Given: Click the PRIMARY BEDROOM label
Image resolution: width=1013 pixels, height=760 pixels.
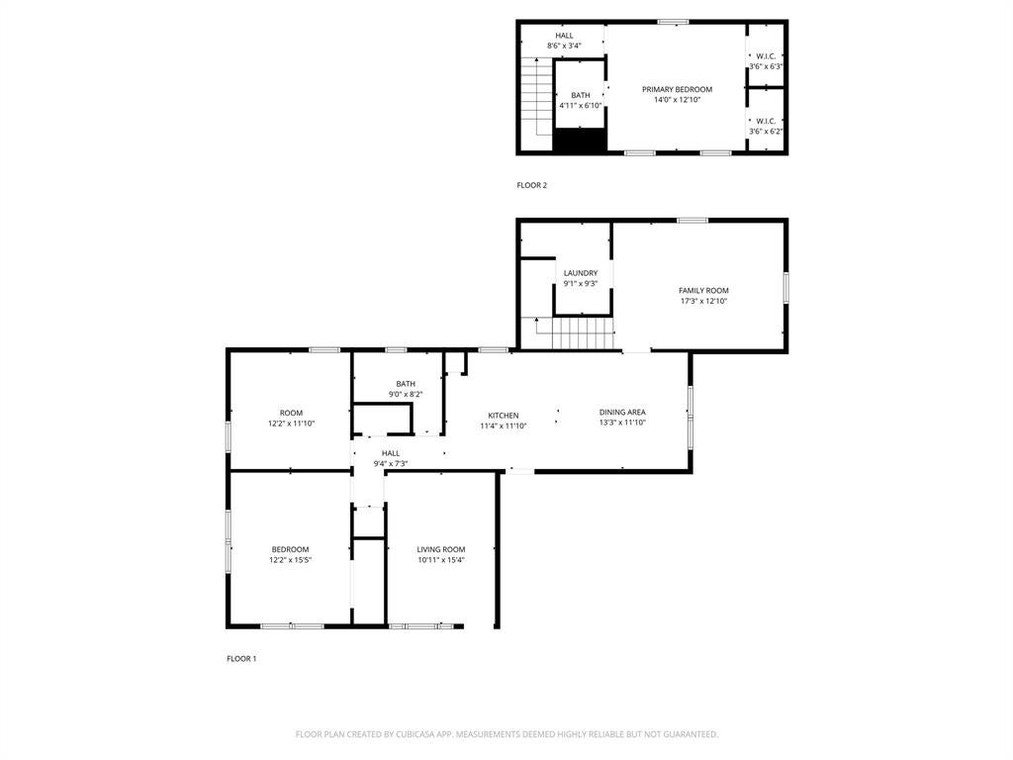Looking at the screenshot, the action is tap(677, 89).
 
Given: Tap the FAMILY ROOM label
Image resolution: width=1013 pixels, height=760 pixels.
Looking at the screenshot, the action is tap(703, 291).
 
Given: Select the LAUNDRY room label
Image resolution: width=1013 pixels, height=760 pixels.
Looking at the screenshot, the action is tap(580, 273).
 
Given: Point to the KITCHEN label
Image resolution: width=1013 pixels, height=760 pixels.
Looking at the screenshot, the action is tap(504, 416).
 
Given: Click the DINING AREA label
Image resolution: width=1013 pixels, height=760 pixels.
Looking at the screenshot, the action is tap(622, 413).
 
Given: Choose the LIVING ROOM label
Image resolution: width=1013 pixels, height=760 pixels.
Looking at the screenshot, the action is tap(441, 550).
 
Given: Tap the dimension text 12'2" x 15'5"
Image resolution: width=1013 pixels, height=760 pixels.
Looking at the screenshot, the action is tap(290, 560).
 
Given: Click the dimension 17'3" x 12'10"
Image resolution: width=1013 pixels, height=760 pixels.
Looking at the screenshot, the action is tap(703, 301).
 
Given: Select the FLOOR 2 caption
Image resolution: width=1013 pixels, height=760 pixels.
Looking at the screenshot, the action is tap(531, 185).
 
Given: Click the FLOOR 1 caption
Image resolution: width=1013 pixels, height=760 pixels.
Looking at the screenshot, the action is tap(241, 659).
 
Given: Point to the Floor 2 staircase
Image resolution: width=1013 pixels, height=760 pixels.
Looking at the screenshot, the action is tap(537, 97).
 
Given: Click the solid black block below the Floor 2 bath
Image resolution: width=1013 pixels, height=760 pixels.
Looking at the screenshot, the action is tap(580, 141).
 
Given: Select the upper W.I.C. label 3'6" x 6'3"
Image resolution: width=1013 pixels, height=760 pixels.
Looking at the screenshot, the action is tap(766, 61).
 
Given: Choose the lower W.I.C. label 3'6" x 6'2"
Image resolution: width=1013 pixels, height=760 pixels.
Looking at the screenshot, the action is tap(766, 126).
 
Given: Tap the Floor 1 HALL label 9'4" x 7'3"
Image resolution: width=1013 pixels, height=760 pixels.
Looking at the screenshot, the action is tap(390, 458).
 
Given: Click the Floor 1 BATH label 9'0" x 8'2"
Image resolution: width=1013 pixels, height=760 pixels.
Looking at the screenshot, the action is tap(406, 389).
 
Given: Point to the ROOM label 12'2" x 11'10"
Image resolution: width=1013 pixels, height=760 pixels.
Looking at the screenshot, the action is tap(292, 419).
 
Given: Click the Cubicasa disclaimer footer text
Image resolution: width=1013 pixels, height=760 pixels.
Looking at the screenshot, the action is tap(506, 734).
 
